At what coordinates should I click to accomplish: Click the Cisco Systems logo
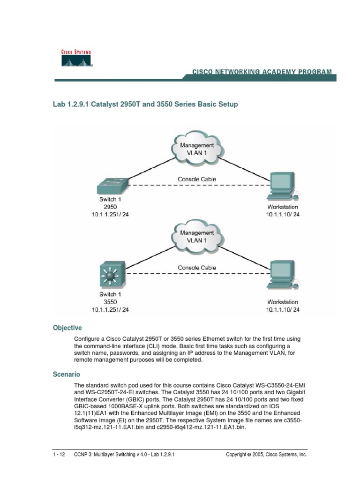pyautogui.click(x=76, y=58)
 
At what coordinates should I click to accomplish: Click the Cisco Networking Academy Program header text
pyautogui.click(x=262, y=72)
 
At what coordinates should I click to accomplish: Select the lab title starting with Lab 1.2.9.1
pyautogui.click(x=145, y=105)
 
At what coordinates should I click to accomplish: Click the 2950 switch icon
pyautogui.click(x=111, y=187)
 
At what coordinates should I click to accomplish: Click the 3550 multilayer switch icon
pyautogui.click(x=111, y=274)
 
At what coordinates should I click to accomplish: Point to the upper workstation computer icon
pyautogui.click(x=282, y=185)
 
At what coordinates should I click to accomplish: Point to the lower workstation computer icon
pyautogui.click(x=282, y=274)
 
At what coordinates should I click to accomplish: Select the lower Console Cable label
pyautogui.click(x=197, y=268)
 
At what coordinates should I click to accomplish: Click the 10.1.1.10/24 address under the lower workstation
pyautogui.click(x=283, y=310)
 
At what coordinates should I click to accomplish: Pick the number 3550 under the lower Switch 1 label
pyautogui.click(x=110, y=302)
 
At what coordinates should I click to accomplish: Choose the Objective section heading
pyautogui.click(x=67, y=328)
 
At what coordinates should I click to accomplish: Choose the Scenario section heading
pyautogui.click(x=66, y=375)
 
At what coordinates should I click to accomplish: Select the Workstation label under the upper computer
pyautogui.click(x=283, y=207)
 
